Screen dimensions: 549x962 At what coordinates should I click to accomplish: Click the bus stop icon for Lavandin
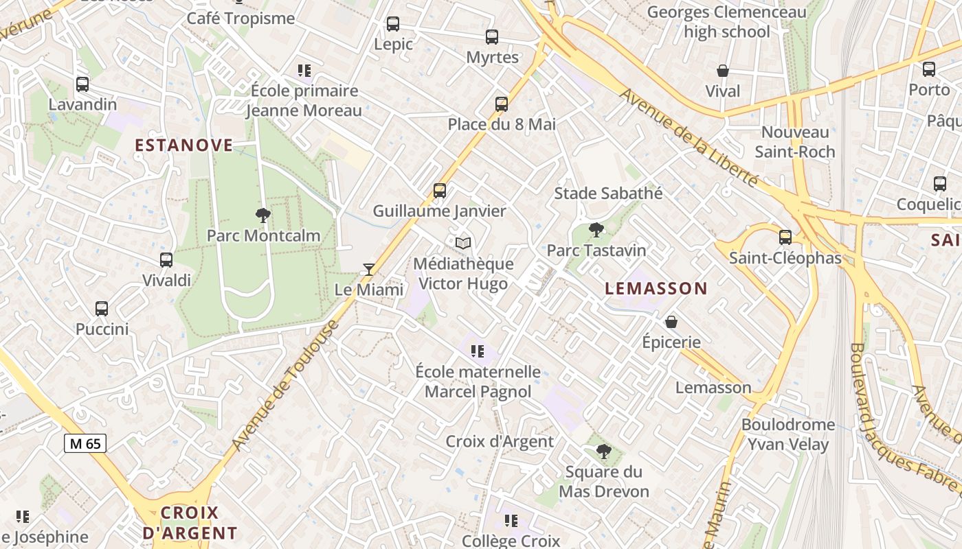click(82, 84)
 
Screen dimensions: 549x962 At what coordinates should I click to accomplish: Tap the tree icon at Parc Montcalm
click(262, 215)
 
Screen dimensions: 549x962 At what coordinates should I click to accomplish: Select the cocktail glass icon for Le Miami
click(369, 269)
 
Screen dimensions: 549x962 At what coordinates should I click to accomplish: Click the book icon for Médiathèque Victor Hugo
click(464, 243)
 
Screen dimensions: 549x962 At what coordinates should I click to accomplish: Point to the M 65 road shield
click(85, 443)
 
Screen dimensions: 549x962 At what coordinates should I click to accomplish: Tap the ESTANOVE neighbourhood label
click(184, 145)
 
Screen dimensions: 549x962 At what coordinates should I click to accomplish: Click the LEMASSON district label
click(656, 289)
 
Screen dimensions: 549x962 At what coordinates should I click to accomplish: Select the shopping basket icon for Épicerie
click(671, 321)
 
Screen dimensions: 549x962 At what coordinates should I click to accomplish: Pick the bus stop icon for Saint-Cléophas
click(785, 237)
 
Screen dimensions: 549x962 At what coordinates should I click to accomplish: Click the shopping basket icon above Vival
click(723, 71)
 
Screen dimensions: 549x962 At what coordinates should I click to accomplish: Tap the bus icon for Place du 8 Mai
click(502, 104)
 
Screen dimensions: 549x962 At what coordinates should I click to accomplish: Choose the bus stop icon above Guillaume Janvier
click(440, 191)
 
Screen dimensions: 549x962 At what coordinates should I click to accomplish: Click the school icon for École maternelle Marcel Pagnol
click(478, 351)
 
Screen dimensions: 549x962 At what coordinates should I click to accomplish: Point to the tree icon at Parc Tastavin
click(596, 230)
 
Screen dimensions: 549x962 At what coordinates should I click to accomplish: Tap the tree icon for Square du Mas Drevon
click(604, 451)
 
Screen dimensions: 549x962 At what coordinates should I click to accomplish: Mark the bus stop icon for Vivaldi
click(166, 260)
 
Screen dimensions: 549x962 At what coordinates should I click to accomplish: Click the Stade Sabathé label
click(608, 194)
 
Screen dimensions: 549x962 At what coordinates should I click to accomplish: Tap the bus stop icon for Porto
click(929, 69)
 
